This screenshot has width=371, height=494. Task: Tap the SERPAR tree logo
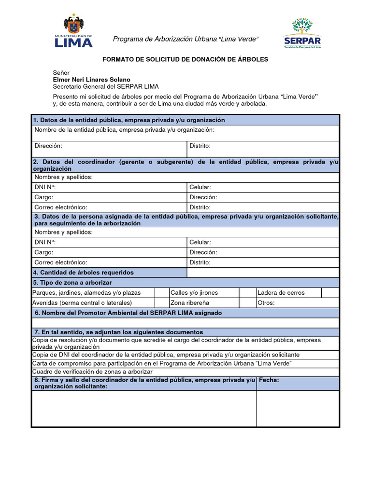pyautogui.click(x=302, y=33)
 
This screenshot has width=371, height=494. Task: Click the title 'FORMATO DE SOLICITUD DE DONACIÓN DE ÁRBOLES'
pyautogui.click(x=185, y=59)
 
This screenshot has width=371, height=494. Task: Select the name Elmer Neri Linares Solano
pyautogui.click(x=91, y=80)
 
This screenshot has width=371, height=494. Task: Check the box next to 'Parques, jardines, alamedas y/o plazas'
pyautogui.click(x=161, y=293)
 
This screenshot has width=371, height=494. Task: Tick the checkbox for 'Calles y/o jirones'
pyautogui.click(x=247, y=293)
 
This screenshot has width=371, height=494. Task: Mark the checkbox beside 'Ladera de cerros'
pyautogui.click(x=330, y=293)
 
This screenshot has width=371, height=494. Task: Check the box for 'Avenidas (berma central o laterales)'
pyautogui.click(x=161, y=303)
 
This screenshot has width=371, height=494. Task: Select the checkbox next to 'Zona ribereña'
pyautogui.click(x=247, y=303)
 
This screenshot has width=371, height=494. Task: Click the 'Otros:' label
pyautogui.click(x=266, y=303)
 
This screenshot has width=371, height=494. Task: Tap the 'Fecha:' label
pyautogui.click(x=269, y=380)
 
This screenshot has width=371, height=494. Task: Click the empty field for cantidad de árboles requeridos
pyautogui.click(x=263, y=273)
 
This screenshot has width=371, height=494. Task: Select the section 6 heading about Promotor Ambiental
pyautogui.click(x=128, y=313)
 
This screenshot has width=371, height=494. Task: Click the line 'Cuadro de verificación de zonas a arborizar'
pyautogui.click(x=92, y=372)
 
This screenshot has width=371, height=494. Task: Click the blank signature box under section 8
pyautogui.click(x=144, y=408)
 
